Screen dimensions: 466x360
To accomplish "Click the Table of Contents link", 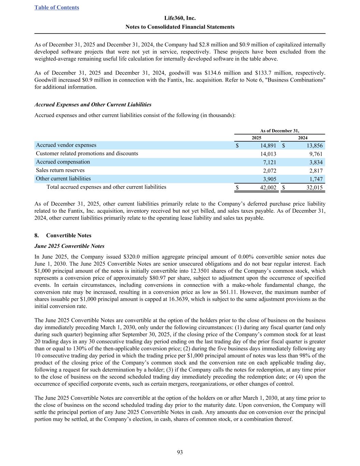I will pyautogui.click(x=57, y=8).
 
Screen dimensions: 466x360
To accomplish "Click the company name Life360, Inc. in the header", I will pyautogui.click(x=180, y=18).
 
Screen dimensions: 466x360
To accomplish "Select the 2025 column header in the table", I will pyautogui.click(x=256, y=138).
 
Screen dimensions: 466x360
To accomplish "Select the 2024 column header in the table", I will pyautogui.click(x=303, y=138).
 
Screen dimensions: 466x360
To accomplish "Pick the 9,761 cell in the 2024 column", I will pyautogui.click(x=316, y=154).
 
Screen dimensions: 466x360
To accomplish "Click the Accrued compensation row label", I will pyautogui.click(x=63, y=162).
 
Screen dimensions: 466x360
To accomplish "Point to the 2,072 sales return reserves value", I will pyautogui.click(x=270, y=171).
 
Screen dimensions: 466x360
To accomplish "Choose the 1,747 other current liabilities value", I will pyautogui.click(x=316, y=179).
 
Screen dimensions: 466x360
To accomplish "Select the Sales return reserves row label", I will pyautogui.click(x=60, y=170).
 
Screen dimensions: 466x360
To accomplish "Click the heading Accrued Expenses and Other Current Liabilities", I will pyautogui.click(x=93, y=104).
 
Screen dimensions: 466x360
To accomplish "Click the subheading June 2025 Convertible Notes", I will pyautogui.click(x=69, y=246).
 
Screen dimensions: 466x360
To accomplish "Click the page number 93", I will pyautogui.click(x=180, y=452).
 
